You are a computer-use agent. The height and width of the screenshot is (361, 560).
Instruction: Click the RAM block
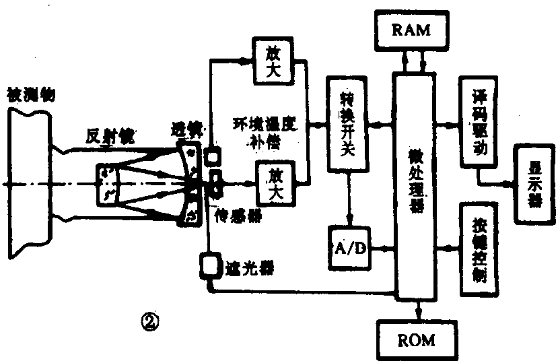click(x=413, y=31)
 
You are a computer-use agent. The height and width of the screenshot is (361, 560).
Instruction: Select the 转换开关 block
click(x=347, y=124)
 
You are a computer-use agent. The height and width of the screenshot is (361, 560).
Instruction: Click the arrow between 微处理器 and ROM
click(x=419, y=310)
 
